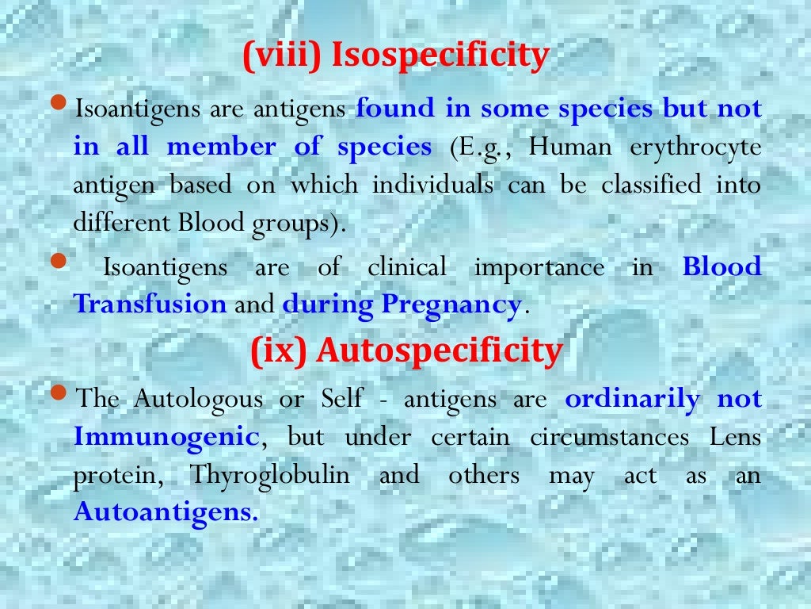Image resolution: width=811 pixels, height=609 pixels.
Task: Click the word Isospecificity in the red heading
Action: pos(440,56)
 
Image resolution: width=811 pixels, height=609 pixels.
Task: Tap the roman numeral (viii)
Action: pos(283,56)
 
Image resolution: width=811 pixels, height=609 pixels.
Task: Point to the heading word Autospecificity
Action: pos(440,351)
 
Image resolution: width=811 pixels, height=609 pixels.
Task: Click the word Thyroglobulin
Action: pos(269,475)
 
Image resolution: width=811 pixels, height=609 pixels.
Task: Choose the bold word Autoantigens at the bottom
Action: pos(166,512)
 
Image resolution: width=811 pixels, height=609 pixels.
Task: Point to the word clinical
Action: pos(407,267)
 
